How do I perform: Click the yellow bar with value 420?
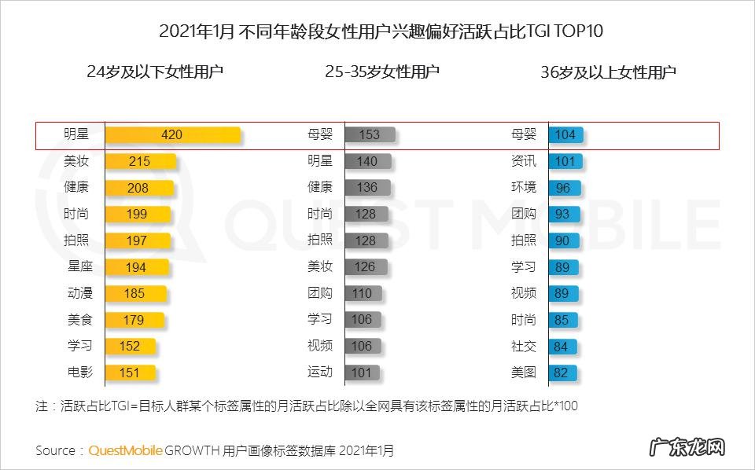pos(172,134)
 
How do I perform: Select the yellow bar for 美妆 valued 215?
pos(139,161)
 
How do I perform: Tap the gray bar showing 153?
pos(369,134)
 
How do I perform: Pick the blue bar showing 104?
pos(565,134)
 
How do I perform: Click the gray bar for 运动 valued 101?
pos(361,372)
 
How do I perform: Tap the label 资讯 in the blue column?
pos(524,161)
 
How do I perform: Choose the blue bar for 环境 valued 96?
pos(564,188)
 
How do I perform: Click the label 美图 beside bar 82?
pos(524,372)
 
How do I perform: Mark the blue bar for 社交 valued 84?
pos(562,346)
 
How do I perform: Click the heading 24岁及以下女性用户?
pos(155,72)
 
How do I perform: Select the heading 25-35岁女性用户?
pos(382,72)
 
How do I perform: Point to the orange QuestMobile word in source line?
pos(125,450)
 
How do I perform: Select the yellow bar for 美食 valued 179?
pos(134,319)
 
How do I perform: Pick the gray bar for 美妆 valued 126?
pos(364,266)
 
